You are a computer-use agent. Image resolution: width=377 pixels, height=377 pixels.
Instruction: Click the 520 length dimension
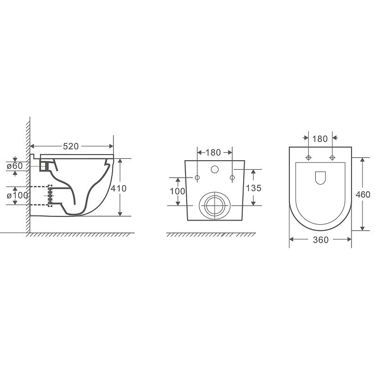pyautogui.click(x=71, y=146)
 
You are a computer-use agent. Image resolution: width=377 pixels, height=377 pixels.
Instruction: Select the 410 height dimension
pyautogui.click(x=119, y=188)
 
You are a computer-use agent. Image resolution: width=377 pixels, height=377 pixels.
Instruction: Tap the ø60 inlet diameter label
pyautogui.click(x=15, y=166)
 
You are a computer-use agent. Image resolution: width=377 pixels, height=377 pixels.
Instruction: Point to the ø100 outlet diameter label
pyautogui.click(x=17, y=196)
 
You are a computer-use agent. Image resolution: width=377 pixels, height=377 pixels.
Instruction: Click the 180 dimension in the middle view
pyautogui.click(x=213, y=152)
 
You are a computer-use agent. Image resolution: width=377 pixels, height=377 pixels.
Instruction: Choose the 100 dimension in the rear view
pyautogui.click(x=178, y=191)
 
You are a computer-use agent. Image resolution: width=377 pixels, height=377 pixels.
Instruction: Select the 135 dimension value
pyautogui.click(x=254, y=188)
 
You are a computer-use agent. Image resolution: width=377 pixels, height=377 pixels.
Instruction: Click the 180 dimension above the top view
pyautogui.click(x=320, y=139)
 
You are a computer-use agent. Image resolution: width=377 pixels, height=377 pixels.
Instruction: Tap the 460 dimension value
pyautogui.click(x=363, y=194)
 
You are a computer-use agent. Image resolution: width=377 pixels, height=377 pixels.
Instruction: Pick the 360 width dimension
pyautogui.click(x=321, y=240)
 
